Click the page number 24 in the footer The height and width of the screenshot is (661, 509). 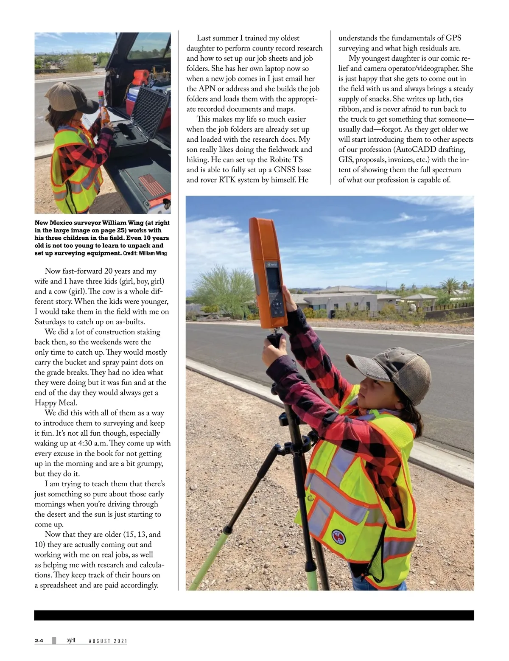click(39, 641)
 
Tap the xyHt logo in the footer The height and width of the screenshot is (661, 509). click(71, 641)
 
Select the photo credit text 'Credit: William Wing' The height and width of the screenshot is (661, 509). click(145, 253)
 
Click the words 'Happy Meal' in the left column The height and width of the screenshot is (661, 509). click(56, 403)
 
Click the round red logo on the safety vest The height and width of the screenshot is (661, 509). click(336, 536)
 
